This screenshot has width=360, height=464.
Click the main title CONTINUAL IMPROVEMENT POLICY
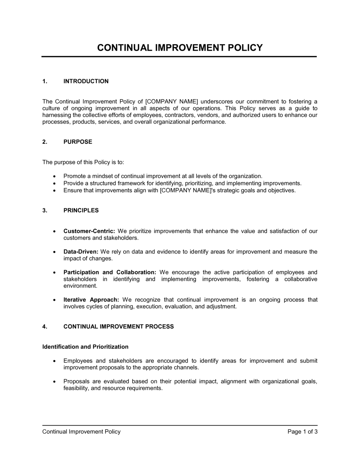(180, 48)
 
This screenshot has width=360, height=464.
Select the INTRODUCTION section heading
(86, 81)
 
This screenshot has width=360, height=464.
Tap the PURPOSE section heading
(78, 142)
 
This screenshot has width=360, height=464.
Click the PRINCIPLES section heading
(81, 210)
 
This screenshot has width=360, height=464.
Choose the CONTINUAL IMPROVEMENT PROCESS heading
(118, 327)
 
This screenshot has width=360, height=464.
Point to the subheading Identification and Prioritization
(85, 347)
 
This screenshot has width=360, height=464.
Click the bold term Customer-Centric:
(89, 231)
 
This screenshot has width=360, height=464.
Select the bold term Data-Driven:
(81, 252)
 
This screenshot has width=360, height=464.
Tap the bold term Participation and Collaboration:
(110, 272)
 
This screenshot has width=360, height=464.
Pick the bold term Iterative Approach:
(91, 300)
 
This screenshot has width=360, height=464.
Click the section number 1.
(45, 81)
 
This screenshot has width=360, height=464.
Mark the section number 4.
(45, 327)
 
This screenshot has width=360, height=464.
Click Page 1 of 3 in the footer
(302, 432)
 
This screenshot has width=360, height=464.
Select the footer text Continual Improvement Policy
(81, 432)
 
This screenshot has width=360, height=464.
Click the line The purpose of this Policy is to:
(83, 162)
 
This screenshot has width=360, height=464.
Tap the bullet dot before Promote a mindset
(54, 176)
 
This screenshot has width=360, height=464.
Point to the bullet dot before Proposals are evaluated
(54, 382)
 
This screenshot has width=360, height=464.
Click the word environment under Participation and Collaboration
(80, 286)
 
